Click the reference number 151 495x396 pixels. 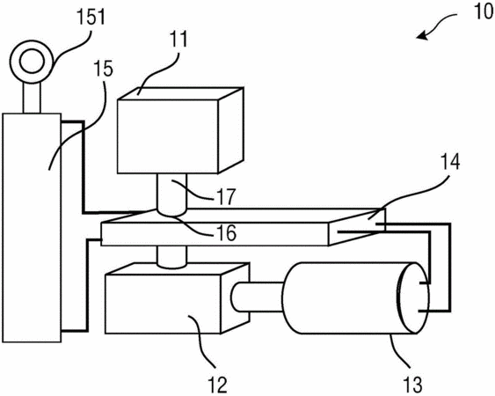tap(91, 17)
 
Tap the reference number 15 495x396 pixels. tap(103, 69)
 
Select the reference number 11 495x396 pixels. tap(179, 40)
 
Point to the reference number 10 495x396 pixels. tap(484, 11)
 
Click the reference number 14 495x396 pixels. tap(449, 162)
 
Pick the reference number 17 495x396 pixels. tap(226, 196)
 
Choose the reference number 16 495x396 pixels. tap(227, 233)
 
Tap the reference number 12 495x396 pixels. tap(217, 385)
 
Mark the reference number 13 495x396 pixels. tap(412, 385)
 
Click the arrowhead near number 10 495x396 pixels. tap(421, 36)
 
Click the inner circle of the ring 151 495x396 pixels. tap(32, 62)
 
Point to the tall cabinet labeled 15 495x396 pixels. tap(32, 228)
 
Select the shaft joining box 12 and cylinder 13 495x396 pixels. tap(258, 297)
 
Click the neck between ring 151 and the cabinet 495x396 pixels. tap(32, 98)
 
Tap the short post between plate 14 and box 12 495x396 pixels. tap(171, 257)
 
